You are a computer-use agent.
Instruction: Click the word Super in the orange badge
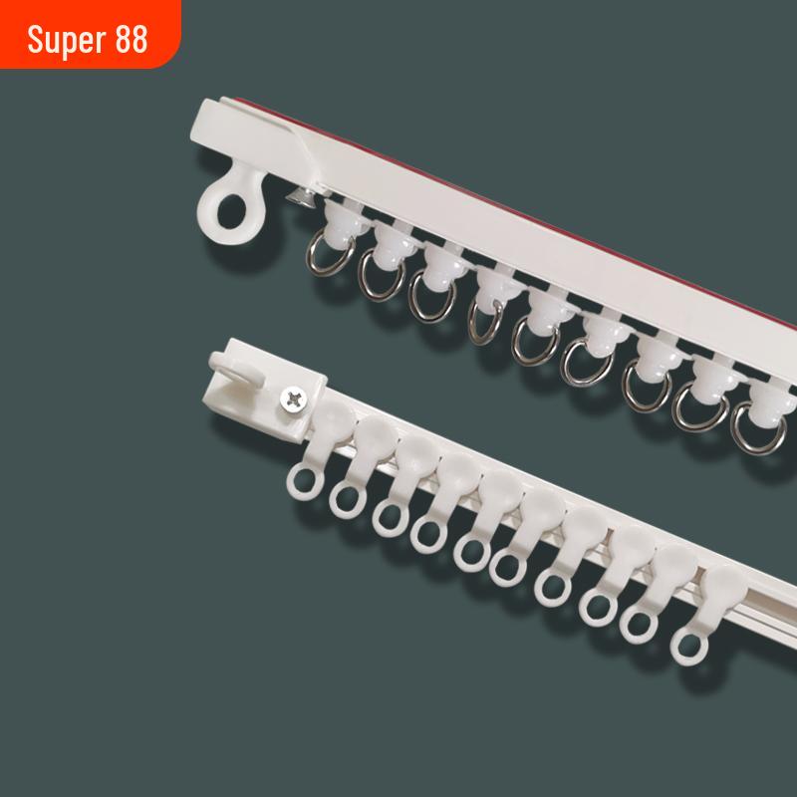click(67, 40)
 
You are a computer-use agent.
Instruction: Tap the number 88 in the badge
click(132, 39)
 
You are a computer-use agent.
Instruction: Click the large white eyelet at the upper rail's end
click(231, 208)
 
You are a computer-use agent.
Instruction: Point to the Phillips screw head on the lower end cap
click(294, 399)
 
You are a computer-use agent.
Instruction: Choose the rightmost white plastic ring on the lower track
click(688, 647)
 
